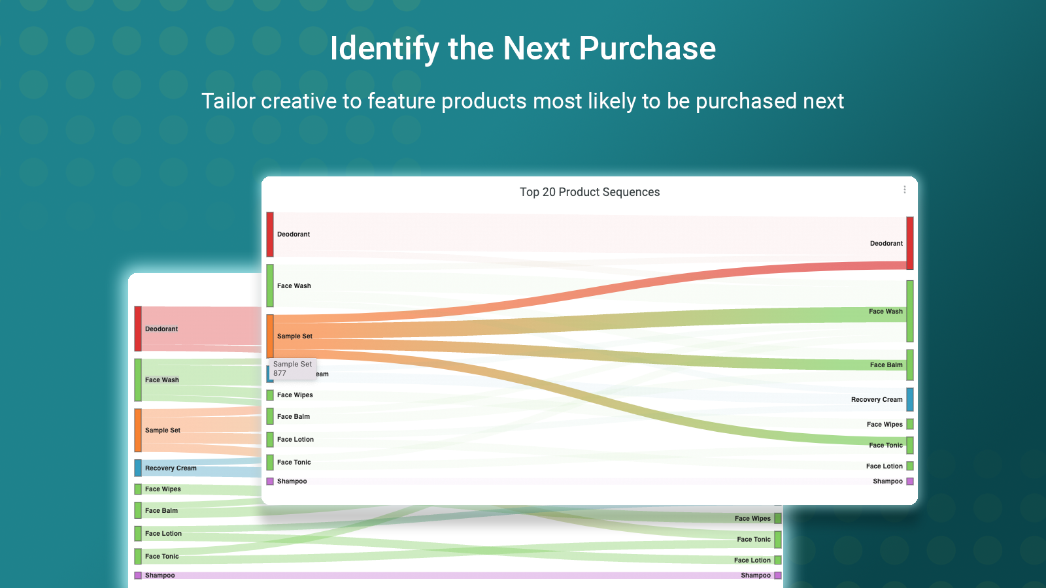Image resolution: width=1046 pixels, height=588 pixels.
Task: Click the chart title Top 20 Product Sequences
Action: coord(589,192)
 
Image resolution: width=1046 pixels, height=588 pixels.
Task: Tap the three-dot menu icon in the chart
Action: coord(905,189)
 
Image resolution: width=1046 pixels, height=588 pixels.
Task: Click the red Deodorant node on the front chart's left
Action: coord(270,234)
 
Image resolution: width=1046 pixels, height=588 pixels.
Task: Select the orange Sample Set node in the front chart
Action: coord(270,336)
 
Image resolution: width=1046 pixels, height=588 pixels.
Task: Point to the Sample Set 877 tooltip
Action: coord(292,368)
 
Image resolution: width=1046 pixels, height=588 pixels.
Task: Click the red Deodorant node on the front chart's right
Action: coord(910,243)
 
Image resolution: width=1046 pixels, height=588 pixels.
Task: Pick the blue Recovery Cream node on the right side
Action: coord(910,399)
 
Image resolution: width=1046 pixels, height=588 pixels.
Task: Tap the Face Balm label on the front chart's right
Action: coord(886,365)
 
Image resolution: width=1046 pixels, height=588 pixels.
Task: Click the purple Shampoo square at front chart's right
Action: coord(910,482)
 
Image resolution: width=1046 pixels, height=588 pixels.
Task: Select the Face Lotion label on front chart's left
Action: coord(295,440)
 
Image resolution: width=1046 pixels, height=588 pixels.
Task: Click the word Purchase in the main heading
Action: coord(647,48)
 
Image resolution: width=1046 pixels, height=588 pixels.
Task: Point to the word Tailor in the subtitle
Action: coord(228,101)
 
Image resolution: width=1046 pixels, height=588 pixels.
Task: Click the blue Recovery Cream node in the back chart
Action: coord(138,468)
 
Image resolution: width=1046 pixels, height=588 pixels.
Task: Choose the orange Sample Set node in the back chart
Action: coord(138,430)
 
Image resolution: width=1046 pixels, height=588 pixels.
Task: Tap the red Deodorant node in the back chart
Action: coord(138,329)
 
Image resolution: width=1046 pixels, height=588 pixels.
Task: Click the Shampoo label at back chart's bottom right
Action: coord(755,576)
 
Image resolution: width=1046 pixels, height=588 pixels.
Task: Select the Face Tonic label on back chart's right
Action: coord(753,540)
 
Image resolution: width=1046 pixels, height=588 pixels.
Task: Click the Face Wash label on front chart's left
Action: coord(294,286)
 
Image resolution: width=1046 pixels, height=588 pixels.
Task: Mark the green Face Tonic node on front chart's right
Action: coord(910,446)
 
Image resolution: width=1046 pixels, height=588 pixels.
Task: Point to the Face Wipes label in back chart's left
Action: coord(163,489)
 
